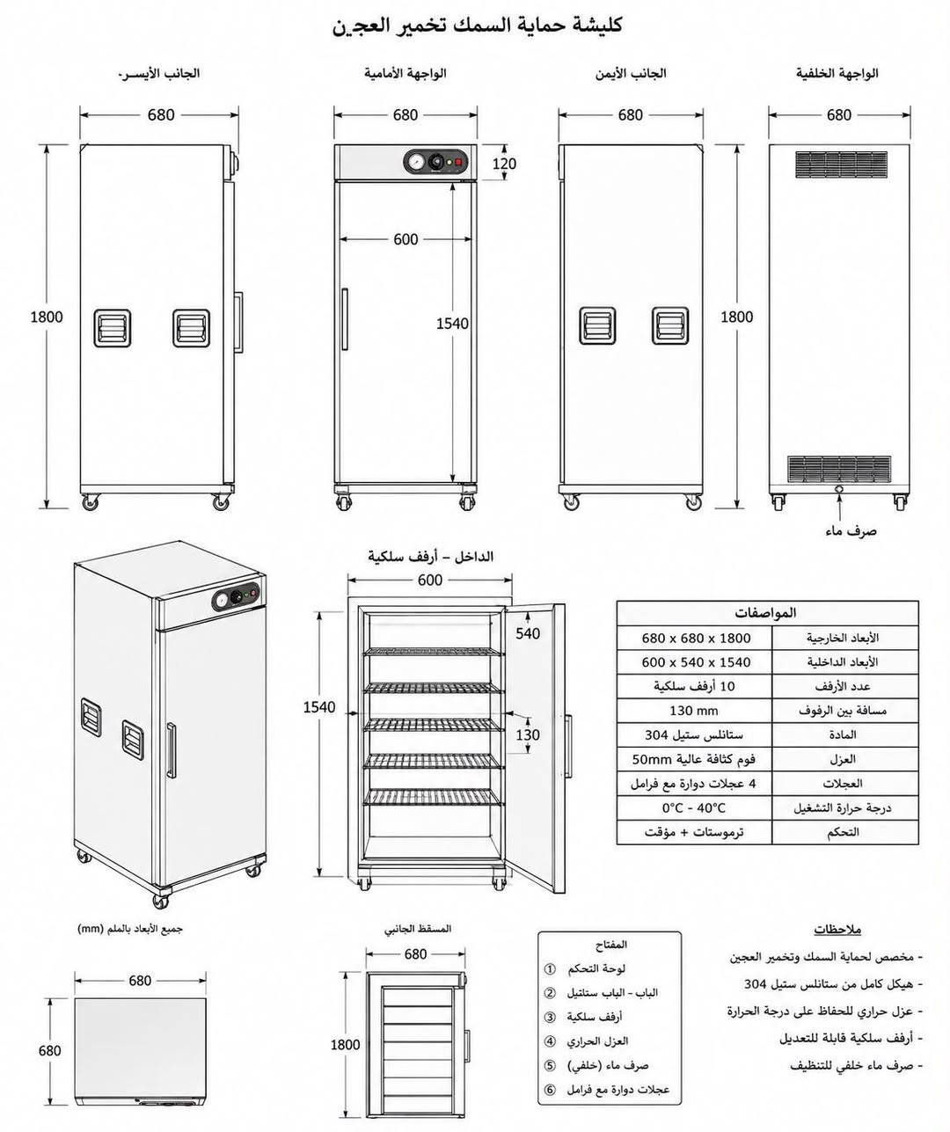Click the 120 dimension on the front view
coord(504,164)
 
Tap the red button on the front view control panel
coord(459,162)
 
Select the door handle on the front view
coord(344,319)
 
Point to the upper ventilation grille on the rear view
coord(841,164)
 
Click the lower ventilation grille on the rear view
coord(839,469)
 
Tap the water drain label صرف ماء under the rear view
coord(851,530)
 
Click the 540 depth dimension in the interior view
coord(528,633)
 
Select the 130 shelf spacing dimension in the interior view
coord(528,734)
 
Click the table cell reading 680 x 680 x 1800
coord(696,638)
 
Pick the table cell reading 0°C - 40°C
coord(693,807)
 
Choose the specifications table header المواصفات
coord(765,613)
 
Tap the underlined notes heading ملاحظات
coord(837,929)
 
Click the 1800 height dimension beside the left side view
coord(47,317)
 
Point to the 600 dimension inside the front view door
coord(406,239)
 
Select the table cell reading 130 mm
coord(693,711)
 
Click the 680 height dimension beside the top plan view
coord(49,1051)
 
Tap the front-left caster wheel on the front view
coord(343,501)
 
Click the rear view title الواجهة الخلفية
coord(837,73)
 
